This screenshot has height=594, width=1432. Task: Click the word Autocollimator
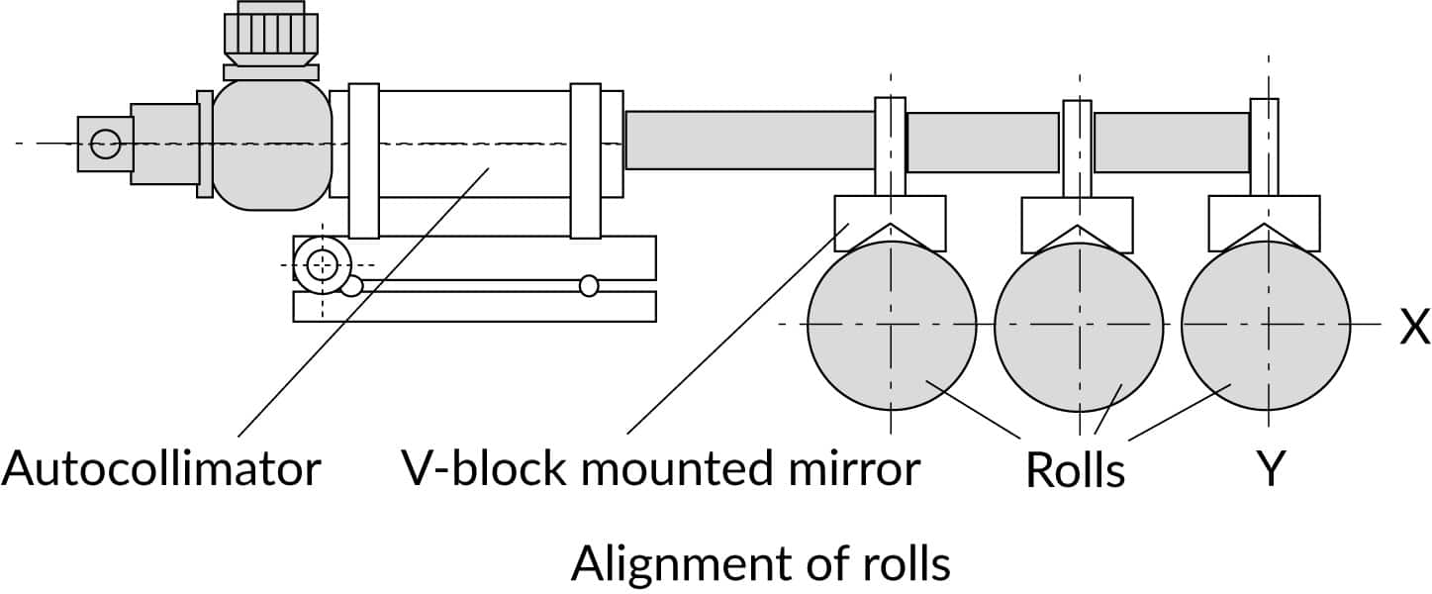161,468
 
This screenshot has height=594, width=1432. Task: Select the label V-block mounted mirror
660,468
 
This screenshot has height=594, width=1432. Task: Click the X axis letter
1414,327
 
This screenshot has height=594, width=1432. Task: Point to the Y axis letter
1270,469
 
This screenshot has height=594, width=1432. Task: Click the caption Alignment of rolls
760,564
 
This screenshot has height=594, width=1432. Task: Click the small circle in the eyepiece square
105,145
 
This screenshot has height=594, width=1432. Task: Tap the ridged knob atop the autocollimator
271,35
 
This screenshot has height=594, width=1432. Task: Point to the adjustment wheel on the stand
323,264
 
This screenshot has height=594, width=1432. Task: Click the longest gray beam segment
750,140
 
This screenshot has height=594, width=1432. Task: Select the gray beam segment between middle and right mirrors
1171,142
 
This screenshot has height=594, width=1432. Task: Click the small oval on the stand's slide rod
589,285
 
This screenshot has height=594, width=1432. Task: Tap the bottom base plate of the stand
475,307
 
